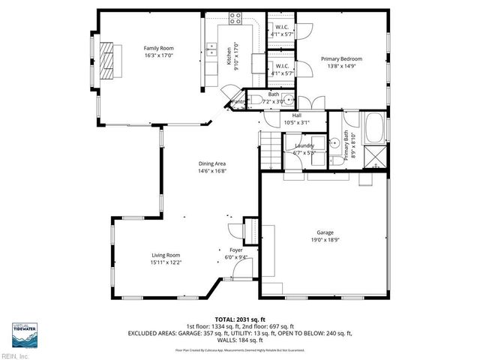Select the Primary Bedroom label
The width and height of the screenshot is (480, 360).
[341, 59]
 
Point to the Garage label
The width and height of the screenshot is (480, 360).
[325, 232]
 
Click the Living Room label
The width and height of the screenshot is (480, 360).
[166, 255]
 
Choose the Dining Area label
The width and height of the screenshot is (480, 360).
[212, 163]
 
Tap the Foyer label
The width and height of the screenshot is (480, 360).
[235, 250]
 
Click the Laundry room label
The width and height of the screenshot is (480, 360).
[304, 145]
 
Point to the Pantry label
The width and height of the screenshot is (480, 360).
[238, 102]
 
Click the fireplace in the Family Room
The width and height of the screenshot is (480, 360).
[111, 60]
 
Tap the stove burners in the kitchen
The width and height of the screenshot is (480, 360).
[235, 18]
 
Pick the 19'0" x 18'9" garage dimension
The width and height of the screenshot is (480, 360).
[325, 240]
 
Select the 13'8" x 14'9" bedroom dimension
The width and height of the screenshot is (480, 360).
[341, 66]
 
